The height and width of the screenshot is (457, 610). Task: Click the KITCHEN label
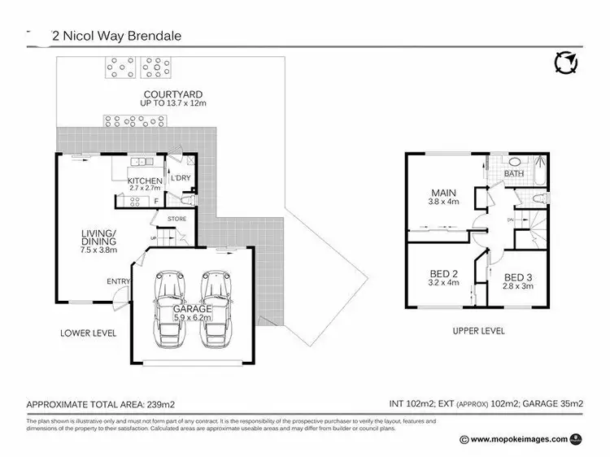click(x=145, y=181)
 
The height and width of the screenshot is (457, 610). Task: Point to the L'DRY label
click(x=179, y=177)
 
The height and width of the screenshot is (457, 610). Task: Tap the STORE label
click(x=176, y=219)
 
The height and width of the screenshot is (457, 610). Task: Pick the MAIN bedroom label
click(x=442, y=193)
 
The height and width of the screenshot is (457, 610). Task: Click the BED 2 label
click(x=443, y=275)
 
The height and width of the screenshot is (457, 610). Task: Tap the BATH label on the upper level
click(x=514, y=174)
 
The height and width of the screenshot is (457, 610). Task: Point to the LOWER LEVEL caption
click(x=89, y=333)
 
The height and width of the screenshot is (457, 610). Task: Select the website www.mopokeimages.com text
click(x=513, y=438)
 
